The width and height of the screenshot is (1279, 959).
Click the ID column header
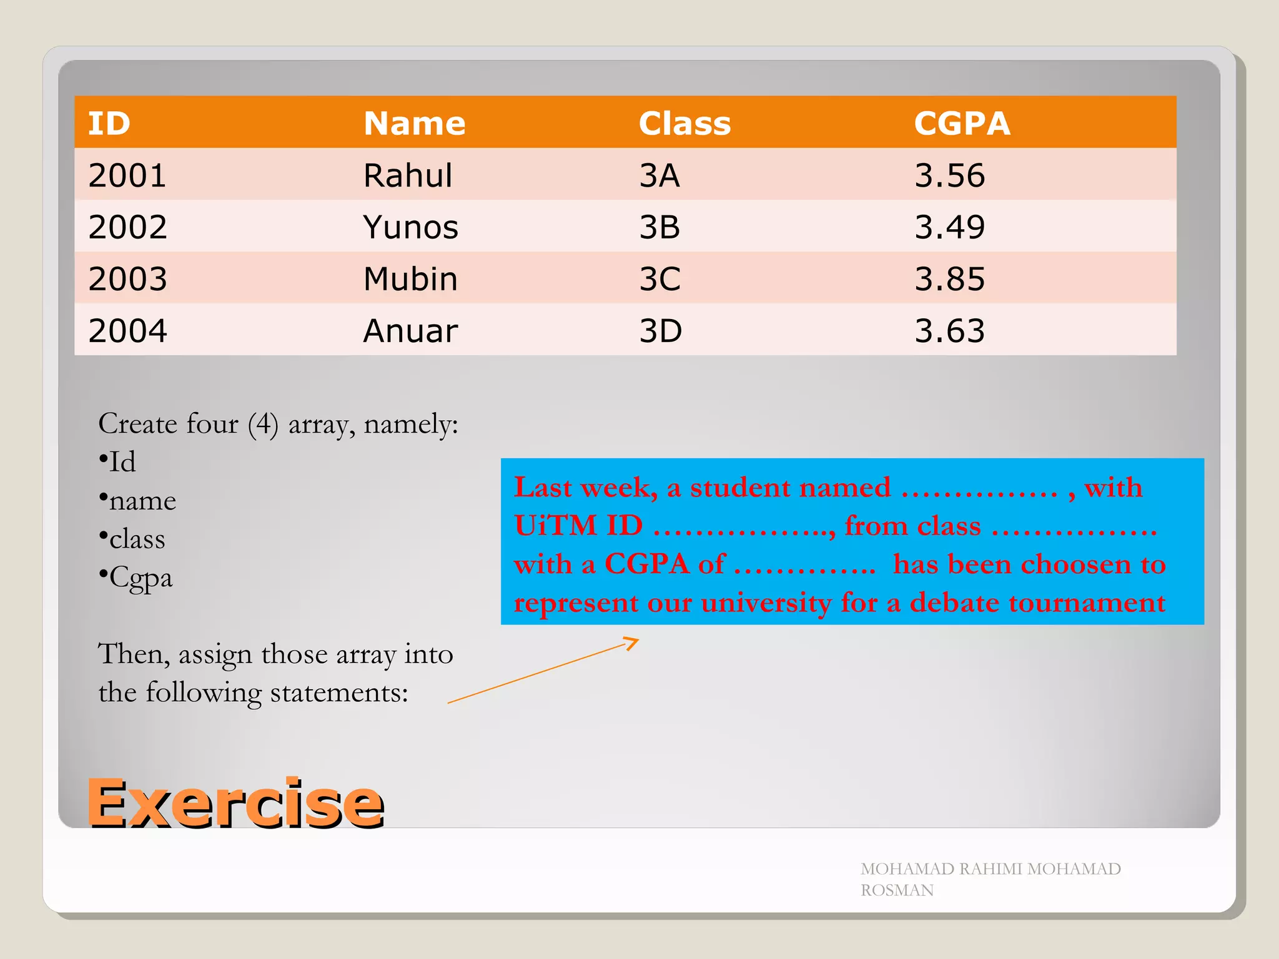[x=109, y=123]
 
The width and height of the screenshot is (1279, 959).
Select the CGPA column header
[x=962, y=123]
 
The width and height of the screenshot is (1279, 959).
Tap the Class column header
[x=684, y=123]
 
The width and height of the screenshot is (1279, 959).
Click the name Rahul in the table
[x=408, y=175]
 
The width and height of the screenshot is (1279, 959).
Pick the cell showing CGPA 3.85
[x=949, y=279]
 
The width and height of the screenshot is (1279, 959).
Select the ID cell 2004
[x=128, y=331]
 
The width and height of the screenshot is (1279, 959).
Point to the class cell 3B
[x=659, y=227]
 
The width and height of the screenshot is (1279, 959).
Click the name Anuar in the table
[x=410, y=331]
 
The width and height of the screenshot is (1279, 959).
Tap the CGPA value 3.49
[x=949, y=227]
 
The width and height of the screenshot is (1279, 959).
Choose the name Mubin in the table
[x=410, y=279]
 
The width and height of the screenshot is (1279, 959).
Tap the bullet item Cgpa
[x=140, y=578]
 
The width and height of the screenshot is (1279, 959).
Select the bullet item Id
[x=122, y=463]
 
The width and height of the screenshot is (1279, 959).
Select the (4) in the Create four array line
[x=263, y=425]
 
